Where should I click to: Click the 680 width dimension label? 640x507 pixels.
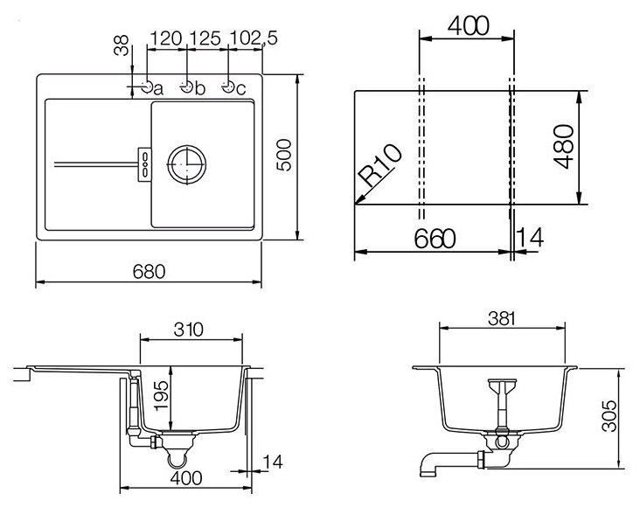149,272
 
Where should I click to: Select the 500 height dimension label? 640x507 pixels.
284,155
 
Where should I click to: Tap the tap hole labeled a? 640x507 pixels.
148,87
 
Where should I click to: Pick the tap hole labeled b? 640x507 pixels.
186,87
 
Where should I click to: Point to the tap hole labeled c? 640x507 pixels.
227,87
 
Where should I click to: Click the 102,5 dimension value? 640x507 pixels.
254,38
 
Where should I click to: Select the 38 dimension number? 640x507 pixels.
122,45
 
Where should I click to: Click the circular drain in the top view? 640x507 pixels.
186,164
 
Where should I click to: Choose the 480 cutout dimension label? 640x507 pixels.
564,147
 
